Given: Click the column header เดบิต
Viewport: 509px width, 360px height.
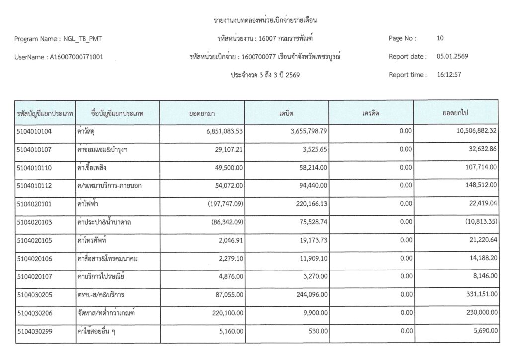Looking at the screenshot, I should coord(286,113).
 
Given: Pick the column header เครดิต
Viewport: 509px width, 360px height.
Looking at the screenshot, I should coord(370,113).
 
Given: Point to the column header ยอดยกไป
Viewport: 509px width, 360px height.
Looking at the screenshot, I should coord(455,113).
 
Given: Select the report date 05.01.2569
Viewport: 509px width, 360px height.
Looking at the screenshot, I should coord(452,56).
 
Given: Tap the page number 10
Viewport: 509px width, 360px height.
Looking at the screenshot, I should coord(440,38).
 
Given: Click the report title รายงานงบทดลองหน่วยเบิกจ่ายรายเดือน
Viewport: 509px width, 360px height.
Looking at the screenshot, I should coord(265,20).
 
